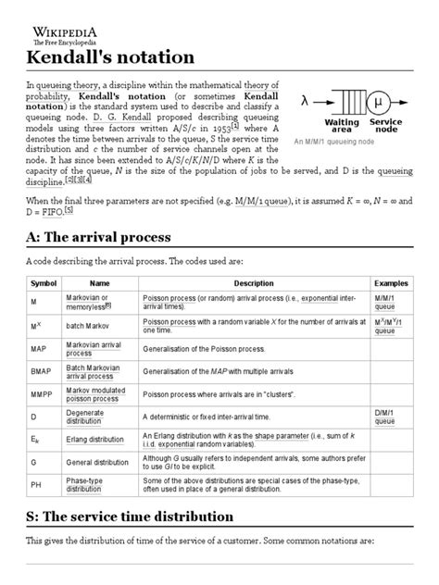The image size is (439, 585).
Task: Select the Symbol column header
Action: point(44,281)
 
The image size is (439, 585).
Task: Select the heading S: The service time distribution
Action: point(154,516)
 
